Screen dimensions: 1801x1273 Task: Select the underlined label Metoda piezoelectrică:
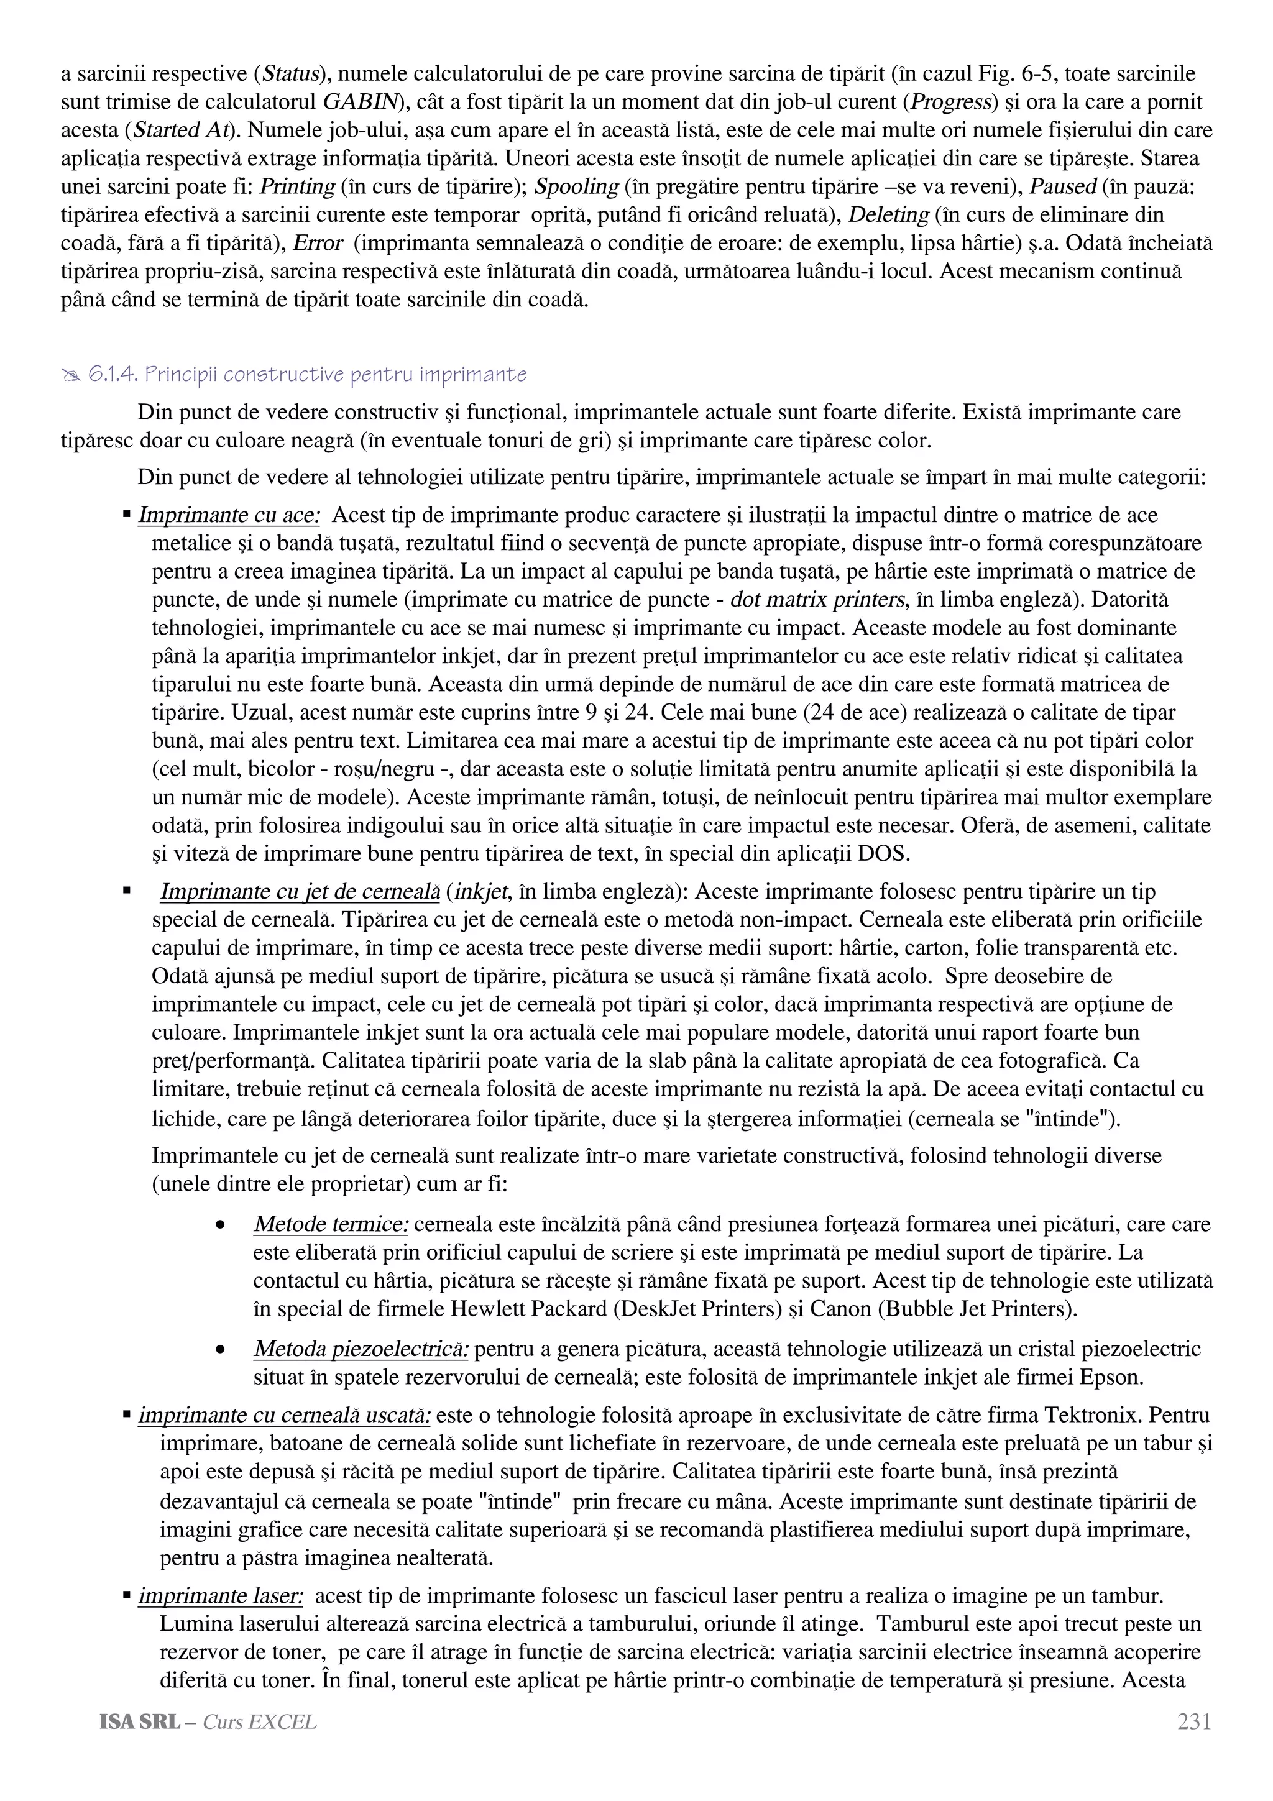pyautogui.click(x=362, y=1349)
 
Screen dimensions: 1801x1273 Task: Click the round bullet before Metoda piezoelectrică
pyautogui.click(x=221, y=1350)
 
